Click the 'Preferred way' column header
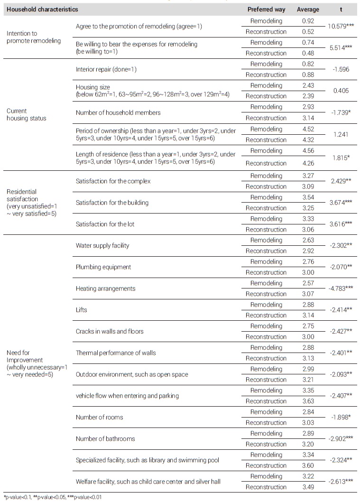coord(266,9)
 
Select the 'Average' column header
coord(308,9)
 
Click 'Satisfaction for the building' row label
coord(112,203)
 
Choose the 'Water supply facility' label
coord(102,246)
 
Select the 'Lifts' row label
coord(82,310)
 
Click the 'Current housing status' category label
coord(27,115)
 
